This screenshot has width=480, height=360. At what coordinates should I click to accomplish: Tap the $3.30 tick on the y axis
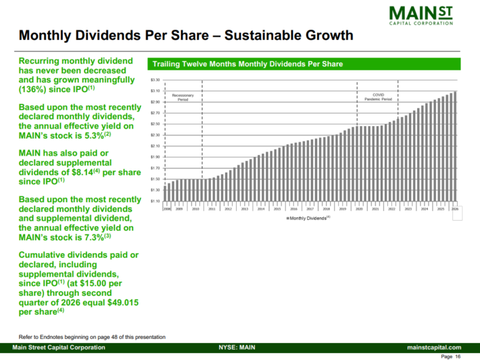[x=155, y=80]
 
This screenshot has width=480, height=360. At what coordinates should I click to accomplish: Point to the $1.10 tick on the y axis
[x=155, y=201]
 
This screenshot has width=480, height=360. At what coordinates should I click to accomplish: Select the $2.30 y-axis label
[x=155, y=135]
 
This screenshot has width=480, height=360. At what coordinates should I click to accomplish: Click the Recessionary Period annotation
[x=183, y=97]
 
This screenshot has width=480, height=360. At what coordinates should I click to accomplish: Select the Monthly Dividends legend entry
[x=308, y=219]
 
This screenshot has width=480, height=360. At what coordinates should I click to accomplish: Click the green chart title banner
[x=304, y=64]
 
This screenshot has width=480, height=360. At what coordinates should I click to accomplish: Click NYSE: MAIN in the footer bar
[x=237, y=347]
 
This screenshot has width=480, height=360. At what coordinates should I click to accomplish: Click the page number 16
[x=457, y=356]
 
